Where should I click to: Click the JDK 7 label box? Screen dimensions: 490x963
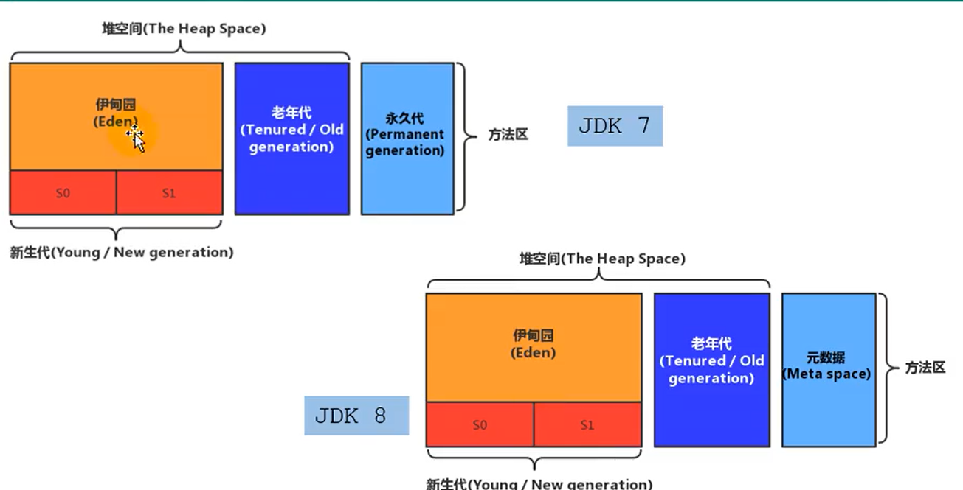[x=615, y=126]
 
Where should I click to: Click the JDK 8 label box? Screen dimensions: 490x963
[x=356, y=416]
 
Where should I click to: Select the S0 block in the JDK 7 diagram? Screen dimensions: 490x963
[x=63, y=193]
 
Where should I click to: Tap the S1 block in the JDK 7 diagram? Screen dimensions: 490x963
[x=169, y=193]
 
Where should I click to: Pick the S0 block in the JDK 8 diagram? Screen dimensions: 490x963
[x=480, y=425]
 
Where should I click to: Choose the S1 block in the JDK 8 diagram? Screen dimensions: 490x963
[x=587, y=425]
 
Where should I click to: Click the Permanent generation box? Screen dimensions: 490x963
[x=407, y=139]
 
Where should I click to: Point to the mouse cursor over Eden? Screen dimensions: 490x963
[x=136, y=137]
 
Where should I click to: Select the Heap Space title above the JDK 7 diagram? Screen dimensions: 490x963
[x=184, y=29]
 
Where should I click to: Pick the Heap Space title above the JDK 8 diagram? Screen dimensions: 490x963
[x=602, y=259]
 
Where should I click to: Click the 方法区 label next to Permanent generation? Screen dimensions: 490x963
[x=508, y=136]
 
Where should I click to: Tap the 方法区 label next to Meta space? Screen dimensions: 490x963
[x=925, y=367]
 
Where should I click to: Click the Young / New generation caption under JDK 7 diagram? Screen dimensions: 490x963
[x=121, y=252]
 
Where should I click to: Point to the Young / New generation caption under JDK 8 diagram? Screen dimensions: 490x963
[x=539, y=483]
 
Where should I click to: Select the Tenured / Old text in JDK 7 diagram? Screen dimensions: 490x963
[x=291, y=130]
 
